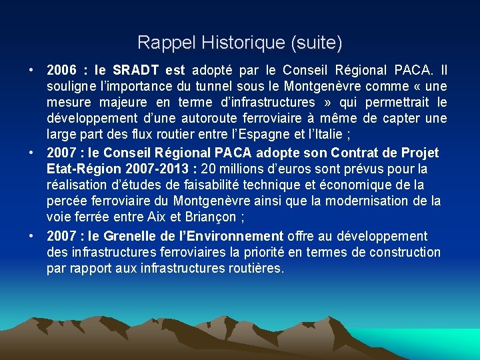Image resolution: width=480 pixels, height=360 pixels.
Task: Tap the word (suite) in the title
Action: click(x=316, y=43)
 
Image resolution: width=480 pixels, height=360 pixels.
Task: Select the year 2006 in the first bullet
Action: click(x=62, y=70)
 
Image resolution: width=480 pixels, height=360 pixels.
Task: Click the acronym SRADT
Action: click(x=135, y=70)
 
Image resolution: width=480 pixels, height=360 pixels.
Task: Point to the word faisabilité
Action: click(x=177, y=185)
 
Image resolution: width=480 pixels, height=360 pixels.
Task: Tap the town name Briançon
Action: click(x=215, y=217)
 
